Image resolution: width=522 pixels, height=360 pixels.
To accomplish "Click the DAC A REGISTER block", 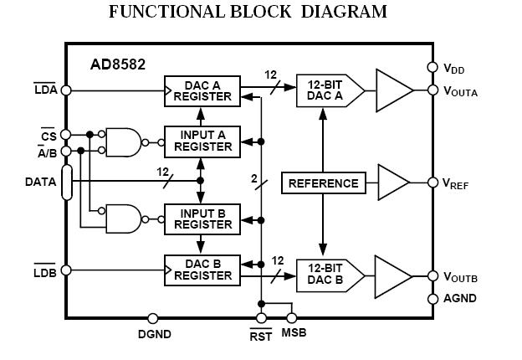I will (x=202, y=90).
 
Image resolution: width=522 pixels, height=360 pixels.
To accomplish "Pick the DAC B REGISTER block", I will (x=202, y=269).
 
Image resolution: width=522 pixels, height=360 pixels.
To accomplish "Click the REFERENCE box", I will (x=323, y=183).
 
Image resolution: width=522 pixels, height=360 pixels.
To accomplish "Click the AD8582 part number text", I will (x=118, y=64).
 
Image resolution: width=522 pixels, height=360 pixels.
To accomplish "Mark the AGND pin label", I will (x=459, y=299).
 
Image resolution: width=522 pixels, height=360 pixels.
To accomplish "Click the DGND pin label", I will (x=154, y=335).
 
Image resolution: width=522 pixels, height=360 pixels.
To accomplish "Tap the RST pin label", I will (x=260, y=336).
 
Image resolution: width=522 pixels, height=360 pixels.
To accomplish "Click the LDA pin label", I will (x=45, y=90).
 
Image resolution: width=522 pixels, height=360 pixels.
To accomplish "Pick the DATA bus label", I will (x=41, y=181).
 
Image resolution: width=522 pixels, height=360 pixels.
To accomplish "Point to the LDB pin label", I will (x=44, y=273).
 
